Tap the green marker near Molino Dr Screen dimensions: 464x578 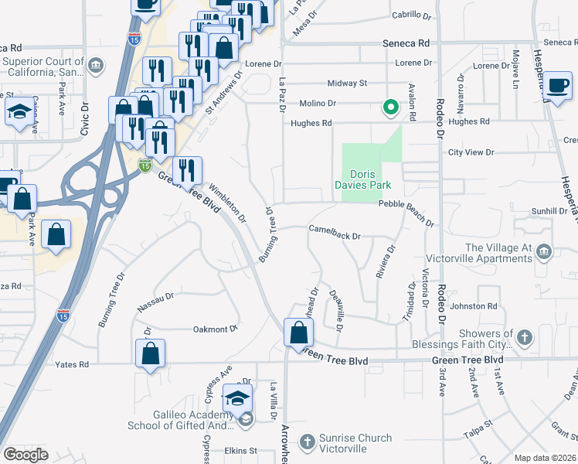391,107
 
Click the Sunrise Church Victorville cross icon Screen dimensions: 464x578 307,442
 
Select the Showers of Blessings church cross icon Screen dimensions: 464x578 524,337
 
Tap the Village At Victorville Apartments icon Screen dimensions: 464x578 544,252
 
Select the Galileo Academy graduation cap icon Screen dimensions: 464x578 238,399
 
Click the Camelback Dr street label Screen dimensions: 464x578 335,230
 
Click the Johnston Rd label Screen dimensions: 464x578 473,306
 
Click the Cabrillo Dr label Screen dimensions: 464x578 410,15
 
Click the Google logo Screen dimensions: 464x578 25,455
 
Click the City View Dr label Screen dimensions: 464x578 470,152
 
